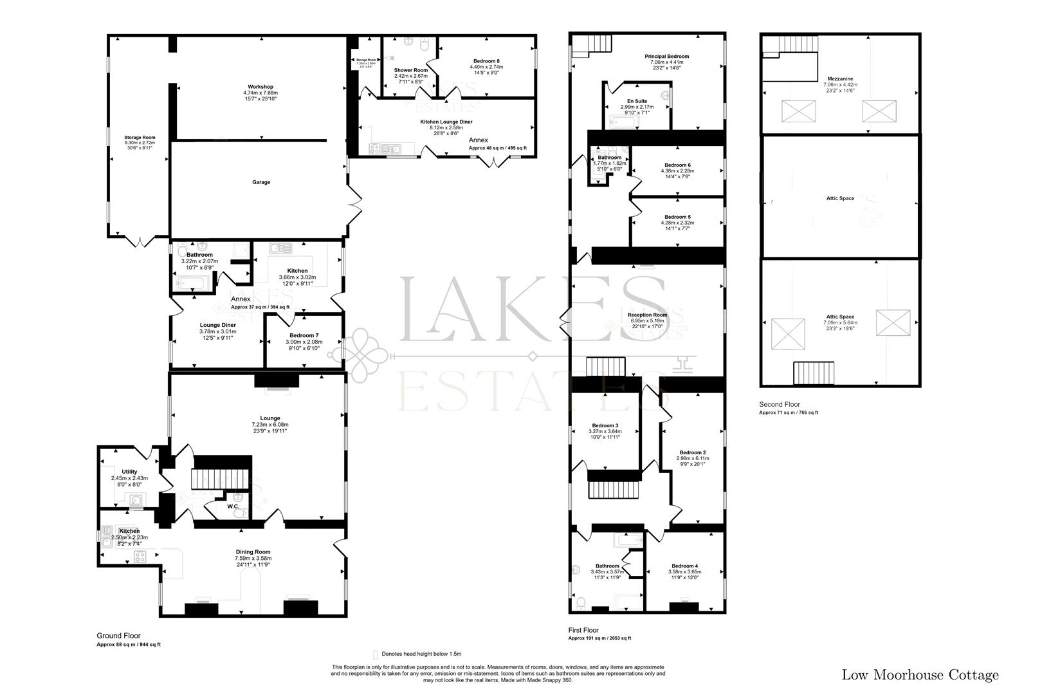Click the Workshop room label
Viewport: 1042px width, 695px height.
pos(260,87)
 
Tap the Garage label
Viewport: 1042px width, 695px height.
pos(260,182)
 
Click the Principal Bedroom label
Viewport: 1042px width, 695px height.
pos(666,57)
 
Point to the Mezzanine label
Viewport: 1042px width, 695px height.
pos(840,79)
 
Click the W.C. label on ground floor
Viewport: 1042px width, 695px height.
pos(233,506)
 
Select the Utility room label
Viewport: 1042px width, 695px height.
pos(129,472)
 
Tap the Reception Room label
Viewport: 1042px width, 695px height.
pos(648,315)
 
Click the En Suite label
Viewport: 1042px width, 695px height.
pos(637,101)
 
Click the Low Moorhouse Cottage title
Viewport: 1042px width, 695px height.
pos(920,675)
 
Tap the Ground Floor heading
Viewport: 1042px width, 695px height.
pos(118,635)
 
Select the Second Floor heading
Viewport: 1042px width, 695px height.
pos(780,404)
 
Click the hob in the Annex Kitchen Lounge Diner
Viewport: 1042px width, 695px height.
pos(374,149)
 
